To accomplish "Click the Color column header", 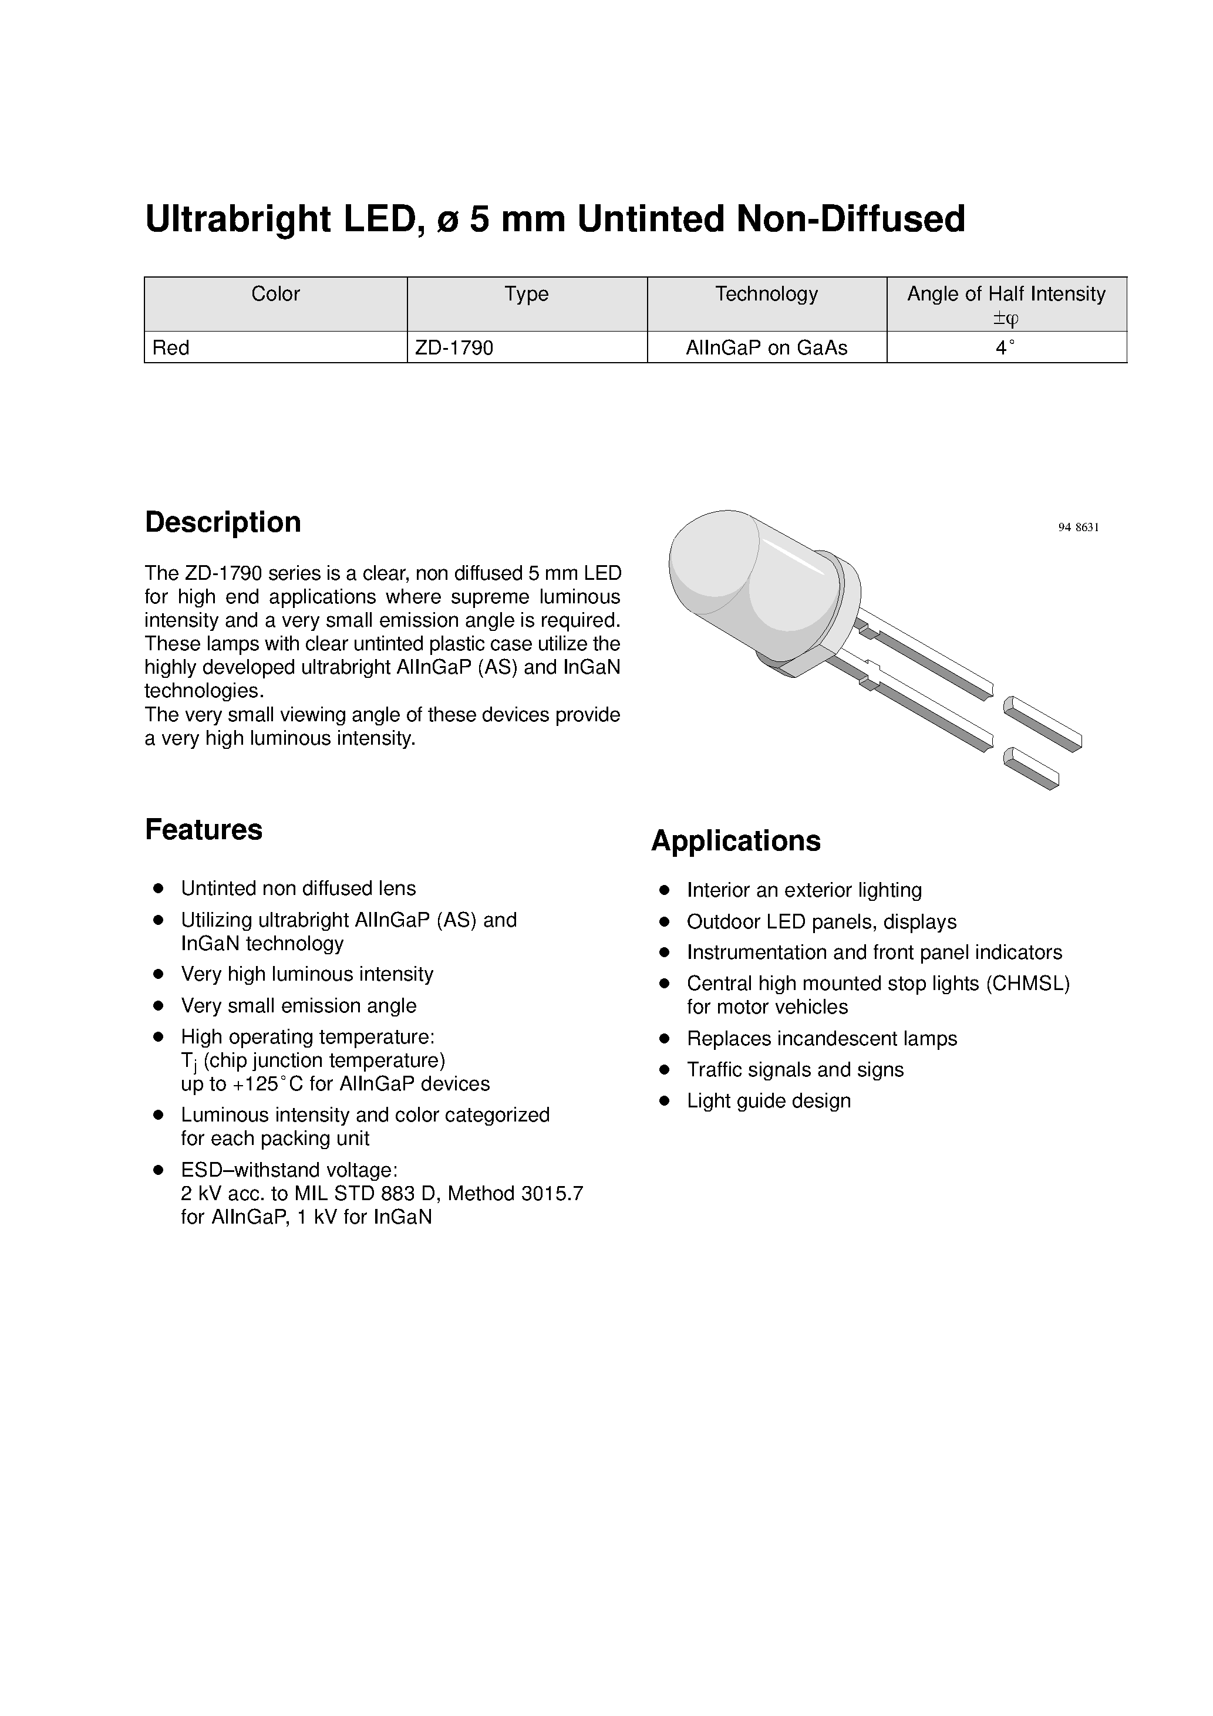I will pyautogui.click(x=275, y=293).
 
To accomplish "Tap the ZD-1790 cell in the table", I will pyautogui.click(x=454, y=347).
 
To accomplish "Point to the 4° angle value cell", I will pyautogui.click(x=1005, y=347).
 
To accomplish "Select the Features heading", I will pyautogui.click(x=203, y=830).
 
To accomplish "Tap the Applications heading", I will pyautogui.click(x=735, y=841).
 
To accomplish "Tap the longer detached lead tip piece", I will pyautogui.click(x=1043, y=724).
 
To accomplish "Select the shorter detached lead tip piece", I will pyautogui.click(x=1030, y=768).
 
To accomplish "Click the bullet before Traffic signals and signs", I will pyautogui.click(x=663, y=1070).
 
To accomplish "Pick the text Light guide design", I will pyautogui.click(x=768, y=1101).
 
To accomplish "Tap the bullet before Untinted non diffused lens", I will pyautogui.click(x=158, y=889).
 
